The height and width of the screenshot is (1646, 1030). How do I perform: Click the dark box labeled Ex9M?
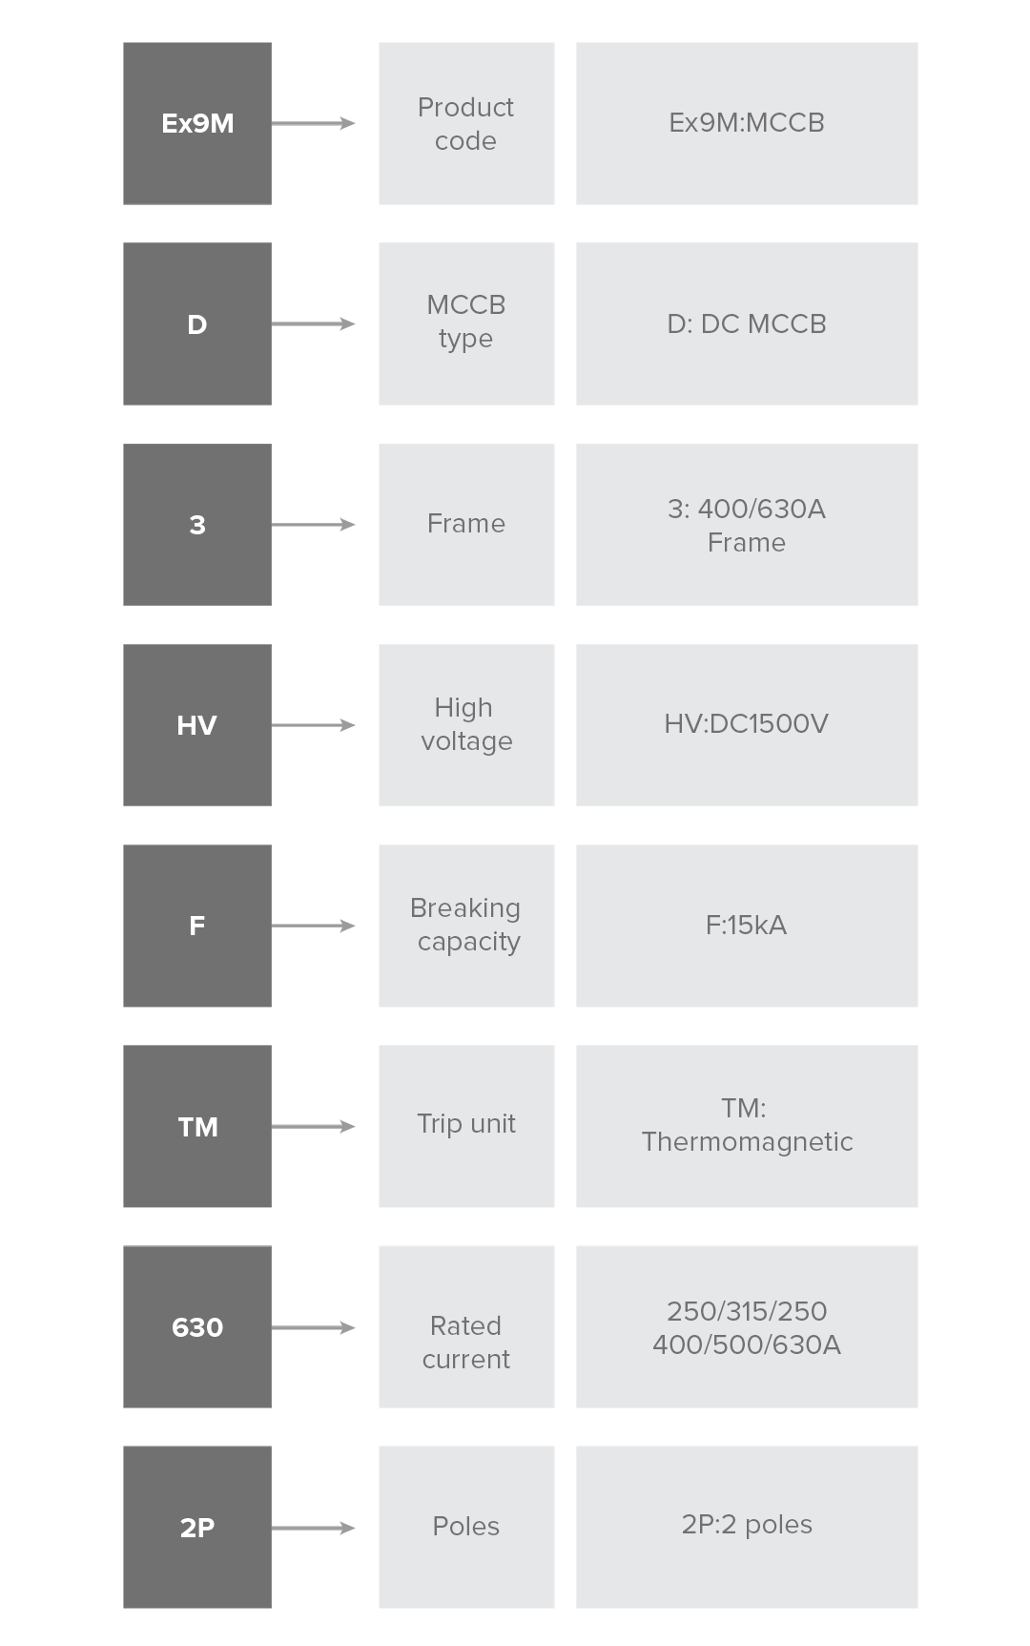[x=197, y=123]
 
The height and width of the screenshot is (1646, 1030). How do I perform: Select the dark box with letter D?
[x=197, y=323]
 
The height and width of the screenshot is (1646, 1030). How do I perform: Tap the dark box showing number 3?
[x=197, y=524]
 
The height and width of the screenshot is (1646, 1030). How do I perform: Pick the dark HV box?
[x=197, y=725]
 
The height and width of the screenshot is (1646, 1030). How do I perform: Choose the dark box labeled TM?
[x=197, y=1126]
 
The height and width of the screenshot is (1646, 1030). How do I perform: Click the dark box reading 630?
[x=197, y=1326]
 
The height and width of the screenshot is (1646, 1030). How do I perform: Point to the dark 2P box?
[x=197, y=1527]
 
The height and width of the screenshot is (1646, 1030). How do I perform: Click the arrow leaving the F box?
[x=313, y=926]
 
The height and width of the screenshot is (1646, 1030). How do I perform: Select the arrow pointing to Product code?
[x=313, y=123]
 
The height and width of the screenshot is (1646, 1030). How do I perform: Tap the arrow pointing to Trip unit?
[x=313, y=1126]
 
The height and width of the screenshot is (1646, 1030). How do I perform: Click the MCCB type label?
[x=465, y=322]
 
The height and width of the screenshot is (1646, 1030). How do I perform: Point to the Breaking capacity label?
[x=466, y=925]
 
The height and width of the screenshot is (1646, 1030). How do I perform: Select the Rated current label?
[x=465, y=1343]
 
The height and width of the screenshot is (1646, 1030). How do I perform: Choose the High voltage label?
[x=466, y=724]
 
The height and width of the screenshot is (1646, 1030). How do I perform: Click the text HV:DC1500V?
[x=746, y=724]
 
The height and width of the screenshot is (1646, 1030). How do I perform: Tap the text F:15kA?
[x=746, y=926]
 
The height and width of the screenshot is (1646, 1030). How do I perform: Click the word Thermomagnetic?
[x=747, y=1142]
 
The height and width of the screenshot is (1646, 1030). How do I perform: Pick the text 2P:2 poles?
[x=747, y=1525]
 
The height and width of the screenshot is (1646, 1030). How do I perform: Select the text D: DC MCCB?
[x=747, y=323]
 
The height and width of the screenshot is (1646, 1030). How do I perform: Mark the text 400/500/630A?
[x=747, y=1344]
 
